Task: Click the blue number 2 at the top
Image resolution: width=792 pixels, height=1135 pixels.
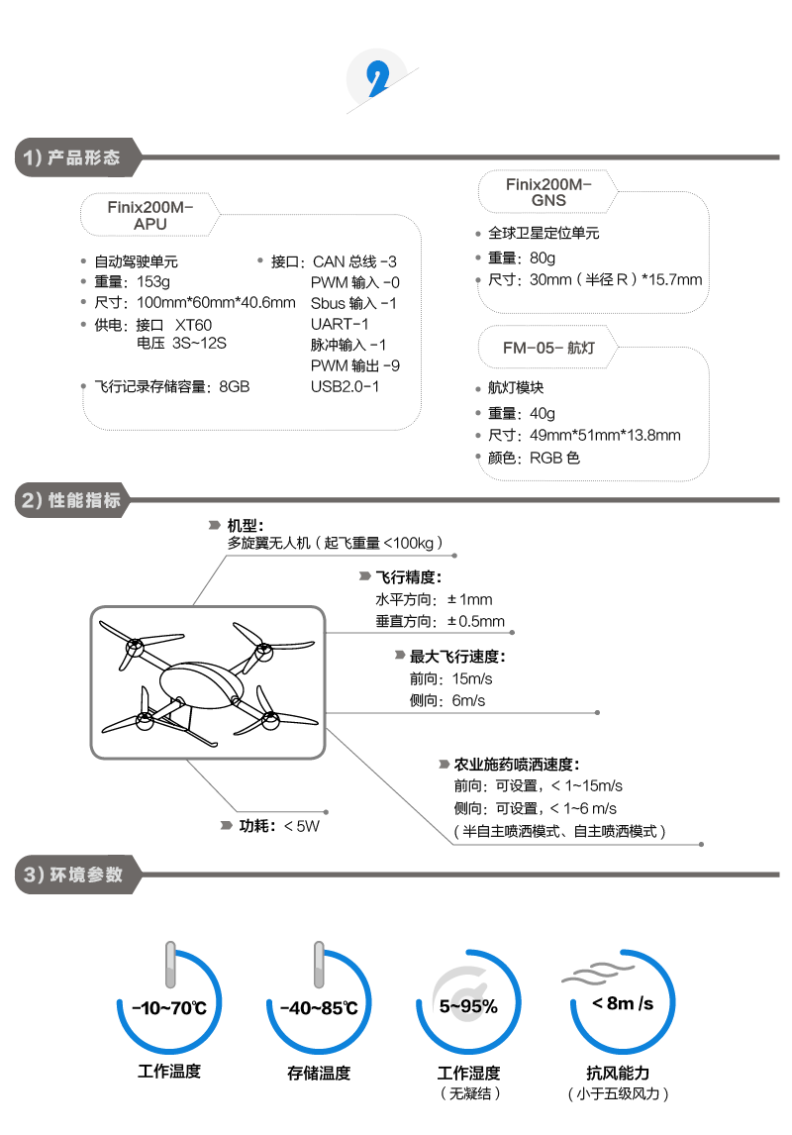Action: [x=376, y=80]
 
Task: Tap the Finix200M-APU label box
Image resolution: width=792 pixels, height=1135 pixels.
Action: [x=150, y=216]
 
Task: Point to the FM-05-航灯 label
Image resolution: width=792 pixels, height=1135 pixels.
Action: [x=546, y=348]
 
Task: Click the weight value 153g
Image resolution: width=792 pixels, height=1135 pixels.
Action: [x=153, y=282]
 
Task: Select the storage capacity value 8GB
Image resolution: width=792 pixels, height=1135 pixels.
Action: [x=235, y=386]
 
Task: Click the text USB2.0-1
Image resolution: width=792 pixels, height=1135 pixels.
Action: [x=345, y=386]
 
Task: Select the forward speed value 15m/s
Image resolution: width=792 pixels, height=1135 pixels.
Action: [x=471, y=678]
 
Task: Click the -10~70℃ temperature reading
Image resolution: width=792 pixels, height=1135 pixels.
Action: [x=169, y=1008]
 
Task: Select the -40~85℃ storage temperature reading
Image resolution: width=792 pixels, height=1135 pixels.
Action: [x=318, y=1008]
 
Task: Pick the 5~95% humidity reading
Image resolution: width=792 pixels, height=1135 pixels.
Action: [x=468, y=1007]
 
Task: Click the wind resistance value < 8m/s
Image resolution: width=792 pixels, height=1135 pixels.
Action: [x=622, y=1003]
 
